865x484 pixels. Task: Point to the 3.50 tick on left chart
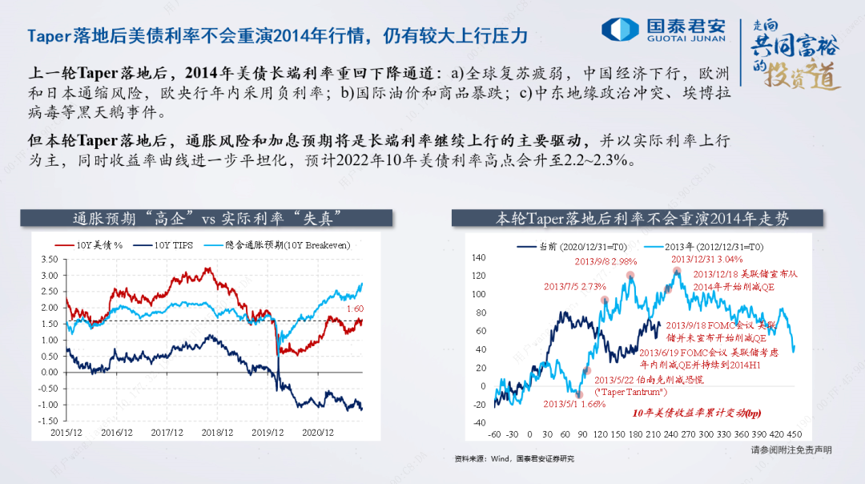click(48, 260)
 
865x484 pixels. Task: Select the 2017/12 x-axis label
click(167, 433)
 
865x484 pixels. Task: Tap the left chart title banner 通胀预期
click(203, 218)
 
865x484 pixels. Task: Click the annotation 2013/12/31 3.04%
click(706, 259)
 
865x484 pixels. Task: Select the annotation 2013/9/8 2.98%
click(605, 261)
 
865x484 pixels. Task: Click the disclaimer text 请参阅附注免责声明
click(791, 450)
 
